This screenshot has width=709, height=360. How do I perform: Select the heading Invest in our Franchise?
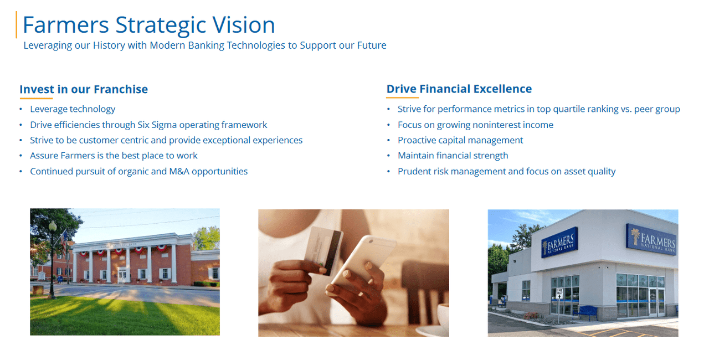(x=84, y=89)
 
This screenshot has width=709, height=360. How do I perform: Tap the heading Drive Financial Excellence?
(x=459, y=89)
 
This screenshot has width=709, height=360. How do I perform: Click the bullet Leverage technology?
(x=73, y=109)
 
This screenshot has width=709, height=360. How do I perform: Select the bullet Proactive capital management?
(x=460, y=140)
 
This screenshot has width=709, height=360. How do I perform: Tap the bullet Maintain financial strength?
(x=453, y=156)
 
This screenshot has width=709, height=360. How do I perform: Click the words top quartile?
(x=560, y=109)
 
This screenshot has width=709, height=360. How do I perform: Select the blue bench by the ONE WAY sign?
(x=584, y=312)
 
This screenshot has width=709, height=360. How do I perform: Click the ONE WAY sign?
(x=559, y=293)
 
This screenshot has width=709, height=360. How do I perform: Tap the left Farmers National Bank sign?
(x=559, y=243)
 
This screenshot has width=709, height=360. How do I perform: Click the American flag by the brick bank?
(x=64, y=241)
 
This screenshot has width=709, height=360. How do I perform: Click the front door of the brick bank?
(x=122, y=275)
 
